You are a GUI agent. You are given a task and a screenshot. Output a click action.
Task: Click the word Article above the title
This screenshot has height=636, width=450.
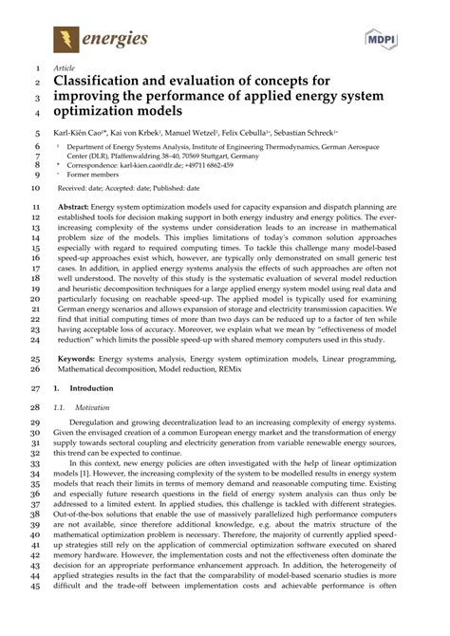coord(63,69)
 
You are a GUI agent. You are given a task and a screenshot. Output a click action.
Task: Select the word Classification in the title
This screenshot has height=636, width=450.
coord(101,84)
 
